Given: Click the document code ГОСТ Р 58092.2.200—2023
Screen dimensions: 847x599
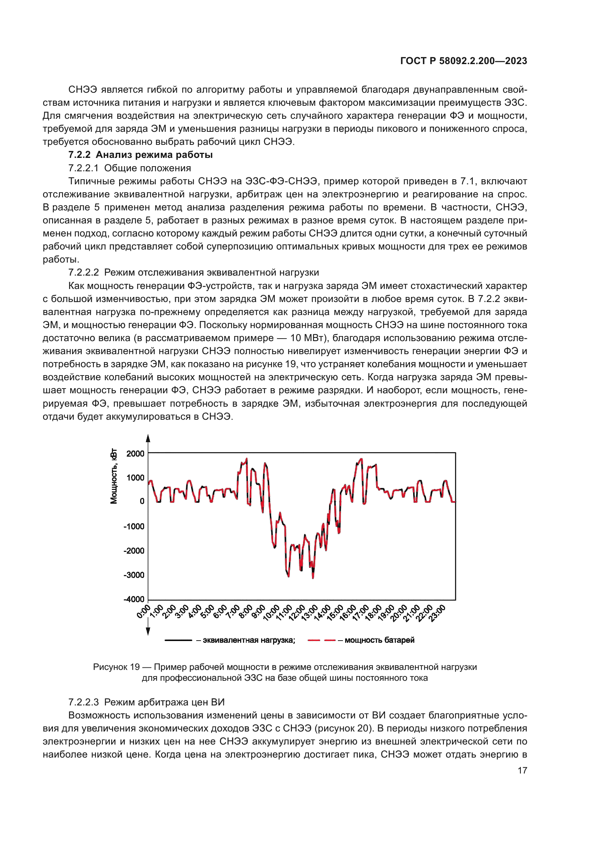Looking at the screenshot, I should pos(463,61).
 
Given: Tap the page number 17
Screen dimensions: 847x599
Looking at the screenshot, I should pos(522,770).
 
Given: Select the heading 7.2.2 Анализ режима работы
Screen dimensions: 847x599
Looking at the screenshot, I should pos(140,155).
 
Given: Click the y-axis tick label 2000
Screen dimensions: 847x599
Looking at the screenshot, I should pos(135,454).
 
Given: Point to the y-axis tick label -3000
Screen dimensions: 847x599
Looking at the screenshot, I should pos(134,575).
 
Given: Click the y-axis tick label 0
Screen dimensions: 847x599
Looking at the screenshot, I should pos(142,501).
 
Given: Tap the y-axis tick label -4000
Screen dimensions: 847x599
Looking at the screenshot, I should pos(134,599).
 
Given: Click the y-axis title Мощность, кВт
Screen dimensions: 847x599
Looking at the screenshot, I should pos(114,476).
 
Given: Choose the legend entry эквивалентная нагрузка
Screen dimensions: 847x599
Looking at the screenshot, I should pos(248,640).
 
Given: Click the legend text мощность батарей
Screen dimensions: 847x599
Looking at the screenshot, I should pos(379,640).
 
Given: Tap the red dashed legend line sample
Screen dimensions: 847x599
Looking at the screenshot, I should pos(321,640).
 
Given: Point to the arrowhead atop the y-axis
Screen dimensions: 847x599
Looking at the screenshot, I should pos(148,439).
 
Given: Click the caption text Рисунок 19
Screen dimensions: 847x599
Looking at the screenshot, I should pos(116,667).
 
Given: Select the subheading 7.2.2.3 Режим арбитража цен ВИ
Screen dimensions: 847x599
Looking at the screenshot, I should pos(146,702).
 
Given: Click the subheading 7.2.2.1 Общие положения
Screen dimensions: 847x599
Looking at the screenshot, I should pos(129,168).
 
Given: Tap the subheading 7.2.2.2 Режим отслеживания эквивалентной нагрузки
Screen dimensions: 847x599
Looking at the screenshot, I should pos(193,273).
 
